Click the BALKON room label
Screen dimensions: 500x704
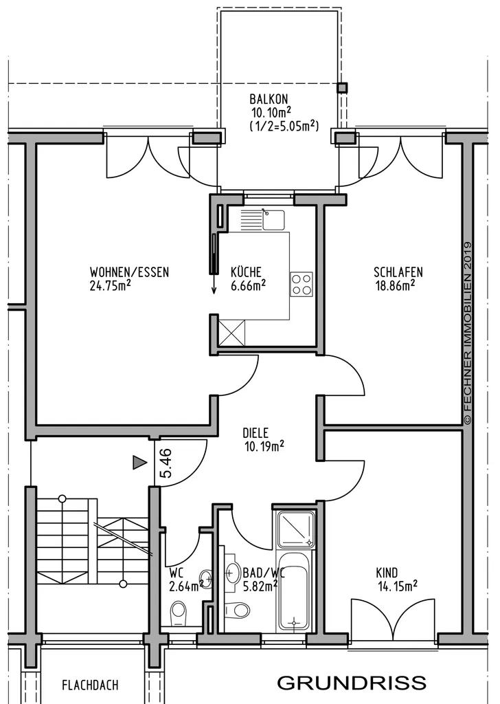(269, 99)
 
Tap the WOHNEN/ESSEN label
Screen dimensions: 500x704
(129, 272)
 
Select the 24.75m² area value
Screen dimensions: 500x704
(111, 286)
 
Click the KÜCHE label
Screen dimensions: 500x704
(246, 272)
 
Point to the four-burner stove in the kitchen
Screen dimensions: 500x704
(302, 284)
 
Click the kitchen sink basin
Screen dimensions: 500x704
(273, 220)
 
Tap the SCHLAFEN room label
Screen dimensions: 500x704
(398, 272)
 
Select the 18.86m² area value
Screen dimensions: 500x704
(395, 285)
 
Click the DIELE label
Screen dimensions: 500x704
(255, 433)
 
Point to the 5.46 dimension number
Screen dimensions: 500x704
(166, 463)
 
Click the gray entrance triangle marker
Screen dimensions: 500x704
(139, 463)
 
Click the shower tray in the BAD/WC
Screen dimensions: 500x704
(295, 529)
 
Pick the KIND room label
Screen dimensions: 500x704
(387, 573)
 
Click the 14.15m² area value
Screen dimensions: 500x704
(398, 586)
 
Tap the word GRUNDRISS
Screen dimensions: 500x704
(352, 683)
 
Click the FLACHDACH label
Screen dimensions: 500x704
(90, 685)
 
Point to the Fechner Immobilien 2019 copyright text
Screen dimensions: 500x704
(468, 333)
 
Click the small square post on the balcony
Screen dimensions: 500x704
(343, 87)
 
